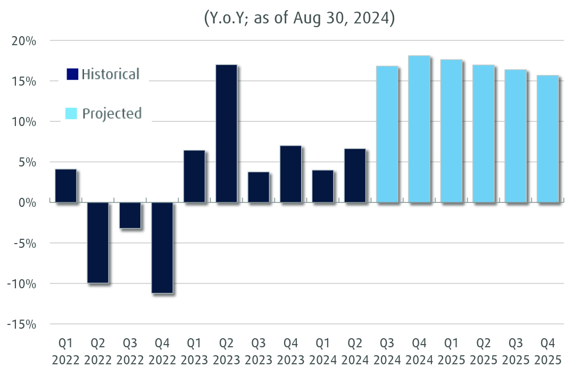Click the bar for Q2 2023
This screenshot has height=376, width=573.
coord(226,133)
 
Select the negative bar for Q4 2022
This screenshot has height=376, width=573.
coord(162,248)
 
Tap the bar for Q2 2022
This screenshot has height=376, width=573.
coord(98,243)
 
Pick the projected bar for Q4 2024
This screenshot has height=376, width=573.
coord(419,129)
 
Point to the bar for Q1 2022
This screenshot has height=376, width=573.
coord(65,186)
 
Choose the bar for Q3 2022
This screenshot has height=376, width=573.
coord(130,215)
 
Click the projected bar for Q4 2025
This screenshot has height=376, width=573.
coord(547,139)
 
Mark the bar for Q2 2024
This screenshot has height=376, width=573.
coord(355,176)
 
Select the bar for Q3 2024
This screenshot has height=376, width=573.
coord(387,135)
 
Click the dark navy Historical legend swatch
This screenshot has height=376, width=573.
coord(72,74)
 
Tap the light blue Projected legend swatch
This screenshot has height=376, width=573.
coord(71,113)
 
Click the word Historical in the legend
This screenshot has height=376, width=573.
coord(111,74)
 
